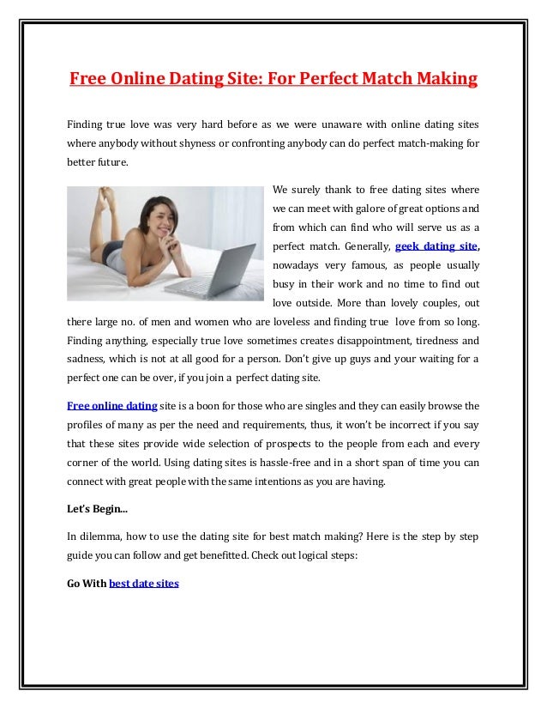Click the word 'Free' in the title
(x=87, y=80)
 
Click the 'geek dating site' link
(x=435, y=245)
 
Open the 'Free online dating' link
(x=111, y=405)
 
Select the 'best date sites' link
(x=144, y=584)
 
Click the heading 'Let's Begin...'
(x=97, y=509)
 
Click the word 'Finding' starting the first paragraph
(x=85, y=124)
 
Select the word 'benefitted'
(x=218, y=555)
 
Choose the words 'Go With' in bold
(x=86, y=584)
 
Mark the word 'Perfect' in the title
(x=308, y=80)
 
